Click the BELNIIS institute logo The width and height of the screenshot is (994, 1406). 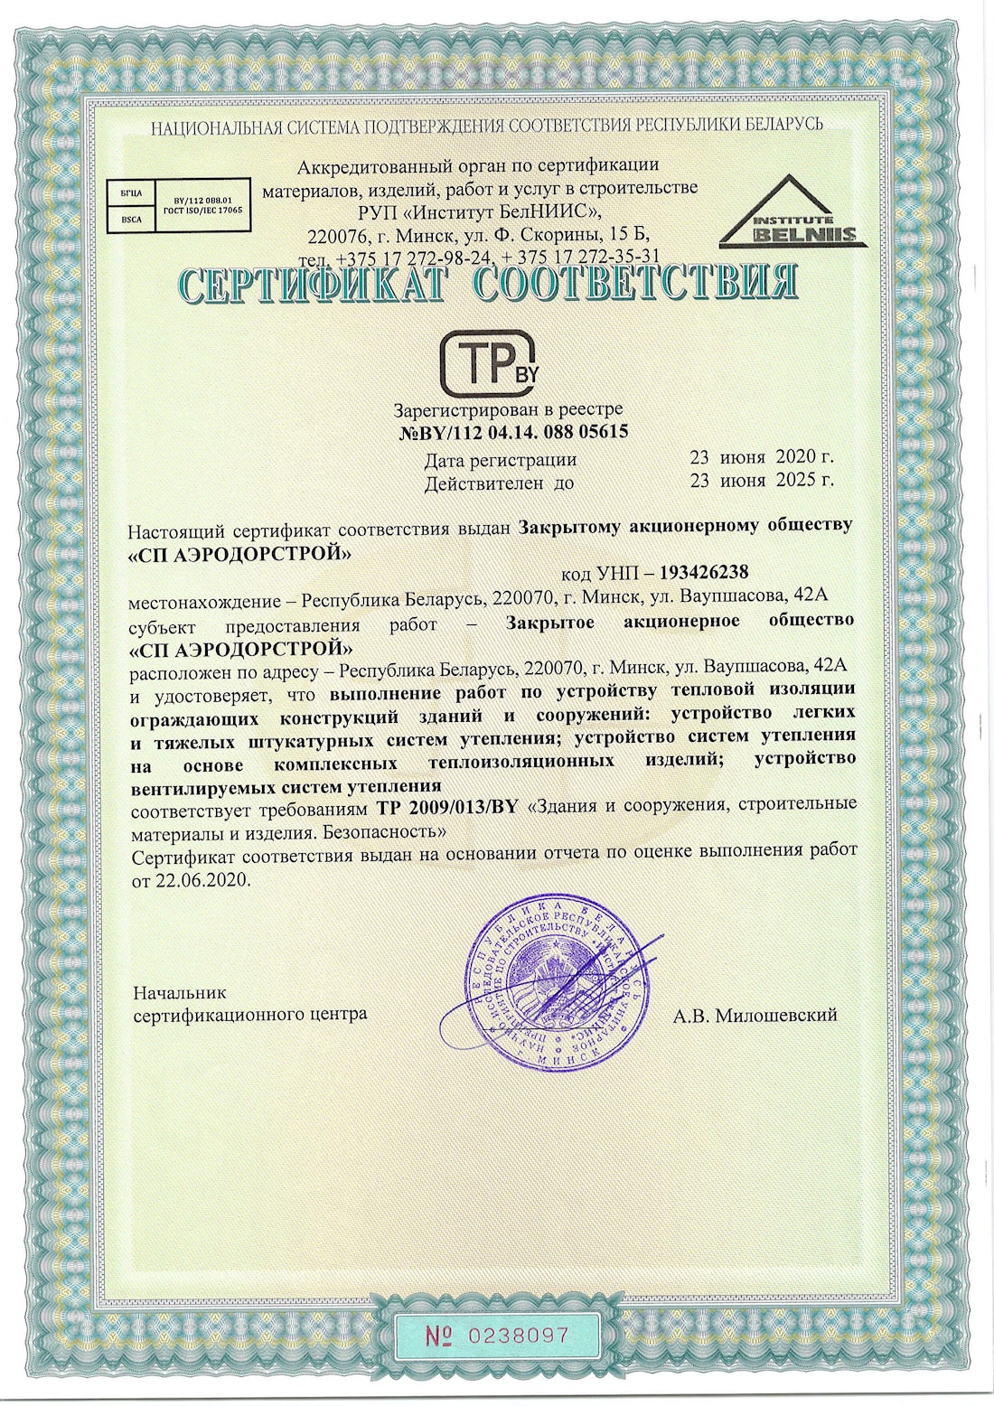click(792, 214)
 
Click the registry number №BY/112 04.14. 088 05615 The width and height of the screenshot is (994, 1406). click(513, 432)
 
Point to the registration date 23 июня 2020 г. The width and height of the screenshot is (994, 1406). click(761, 457)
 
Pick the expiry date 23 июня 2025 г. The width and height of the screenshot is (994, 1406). click(761, 481)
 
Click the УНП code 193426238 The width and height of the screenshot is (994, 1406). click(704, 572)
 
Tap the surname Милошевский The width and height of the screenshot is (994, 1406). click(776, 1015)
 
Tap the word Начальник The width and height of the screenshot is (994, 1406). click(180, 992)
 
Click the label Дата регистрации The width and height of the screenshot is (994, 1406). click(500, 459)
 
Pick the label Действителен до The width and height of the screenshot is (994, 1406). click(499, 483)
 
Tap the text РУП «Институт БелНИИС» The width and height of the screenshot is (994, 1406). click(479, 211)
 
